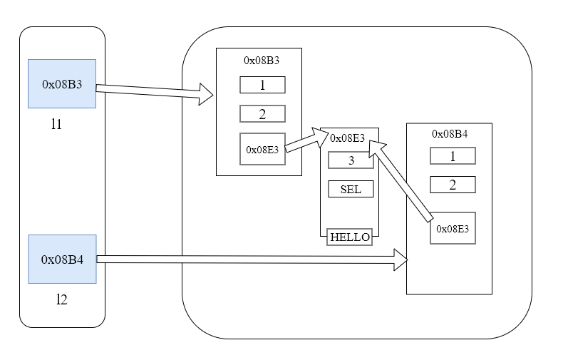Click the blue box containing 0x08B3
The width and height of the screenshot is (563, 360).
click(62, 83)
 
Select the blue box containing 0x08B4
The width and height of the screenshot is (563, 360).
click(62, 259)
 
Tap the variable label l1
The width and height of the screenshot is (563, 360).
click(56, 124)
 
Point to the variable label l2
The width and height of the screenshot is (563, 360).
click(61, 299)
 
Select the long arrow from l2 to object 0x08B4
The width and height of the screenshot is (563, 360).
click(249, 259)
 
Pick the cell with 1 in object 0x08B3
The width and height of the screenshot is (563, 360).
click(262, 85)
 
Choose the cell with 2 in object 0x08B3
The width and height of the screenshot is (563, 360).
click(262, 114)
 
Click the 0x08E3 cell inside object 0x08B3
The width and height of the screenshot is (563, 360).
click(262, 149)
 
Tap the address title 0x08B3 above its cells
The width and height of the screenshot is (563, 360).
click(262, 61)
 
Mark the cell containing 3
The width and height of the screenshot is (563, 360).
click(351, 160)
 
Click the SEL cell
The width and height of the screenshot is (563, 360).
click(351, 189)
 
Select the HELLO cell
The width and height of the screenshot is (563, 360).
click(350, 237)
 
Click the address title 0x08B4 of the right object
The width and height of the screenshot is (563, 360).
click(450, 133)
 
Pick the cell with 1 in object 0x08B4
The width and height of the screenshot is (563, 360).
click(453, 155)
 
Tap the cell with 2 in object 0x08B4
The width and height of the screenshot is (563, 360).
click(453, 185)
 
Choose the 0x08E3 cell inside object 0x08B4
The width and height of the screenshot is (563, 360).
click(453, 229)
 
